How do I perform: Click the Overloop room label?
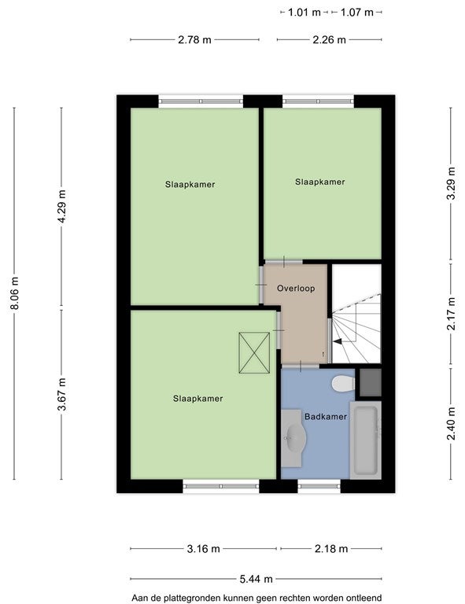(x=296, y=288)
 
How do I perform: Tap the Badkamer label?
(x=326, y=416)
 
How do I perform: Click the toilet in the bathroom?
(x=343, y=384)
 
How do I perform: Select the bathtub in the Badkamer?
(x=365, y=440)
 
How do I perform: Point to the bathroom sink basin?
(x=296, y=437)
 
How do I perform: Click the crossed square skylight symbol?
(x=254, y=353)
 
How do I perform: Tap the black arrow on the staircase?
(x=338, y=341)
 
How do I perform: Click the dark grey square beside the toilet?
(x=371, y=382)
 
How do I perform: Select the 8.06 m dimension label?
(x=15, y=293)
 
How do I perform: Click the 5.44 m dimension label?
(x=256, y=579)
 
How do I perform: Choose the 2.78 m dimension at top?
(x=194, y=39)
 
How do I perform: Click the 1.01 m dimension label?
(x=304, y=13)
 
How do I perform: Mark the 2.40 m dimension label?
(x=451, y=423)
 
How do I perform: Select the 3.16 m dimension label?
(x=204, y=548)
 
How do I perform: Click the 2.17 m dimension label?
(x=451, y=314)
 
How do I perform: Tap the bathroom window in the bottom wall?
(x=319, y=487)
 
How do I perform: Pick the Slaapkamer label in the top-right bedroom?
(x=319, y=182)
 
